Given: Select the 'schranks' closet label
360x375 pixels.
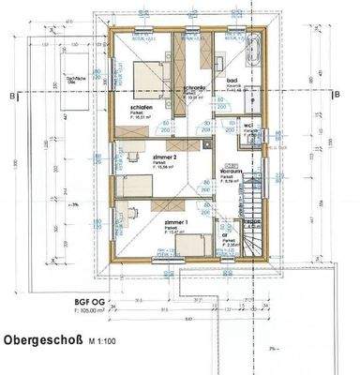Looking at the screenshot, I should coord(194,87).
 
